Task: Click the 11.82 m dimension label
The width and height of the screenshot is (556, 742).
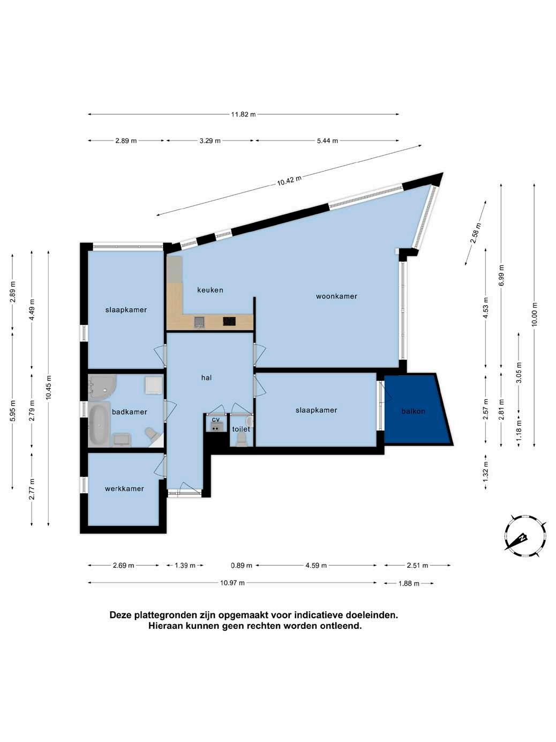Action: (x=243, y=114)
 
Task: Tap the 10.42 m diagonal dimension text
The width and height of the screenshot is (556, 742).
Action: (x=289, y=181)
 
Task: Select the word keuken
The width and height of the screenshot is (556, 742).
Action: (x=210, y=290)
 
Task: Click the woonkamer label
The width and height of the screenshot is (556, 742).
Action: (x=336, y=296)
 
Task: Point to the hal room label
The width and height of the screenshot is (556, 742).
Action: (x=206, y=377)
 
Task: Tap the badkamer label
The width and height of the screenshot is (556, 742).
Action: (x=129, y=412)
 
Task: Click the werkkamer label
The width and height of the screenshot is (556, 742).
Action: (x=124, y=488)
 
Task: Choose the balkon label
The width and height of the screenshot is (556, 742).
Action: (x=413, y=411)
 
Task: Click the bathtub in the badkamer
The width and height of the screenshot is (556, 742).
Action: (x=99, y=424)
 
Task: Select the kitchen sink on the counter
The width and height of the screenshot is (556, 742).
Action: (x=199, y=322)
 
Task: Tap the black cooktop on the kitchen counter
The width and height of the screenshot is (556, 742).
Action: (x=229, y=321)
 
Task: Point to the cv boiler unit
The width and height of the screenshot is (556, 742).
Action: (x=216, y=428)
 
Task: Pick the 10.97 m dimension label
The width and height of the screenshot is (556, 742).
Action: (x=232, y=583)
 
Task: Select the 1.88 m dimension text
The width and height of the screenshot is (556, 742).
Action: (x=409, y=583)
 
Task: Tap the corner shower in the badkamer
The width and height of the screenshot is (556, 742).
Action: (x=102, y=385)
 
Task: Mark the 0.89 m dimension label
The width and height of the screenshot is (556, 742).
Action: (x=242, y=565)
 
